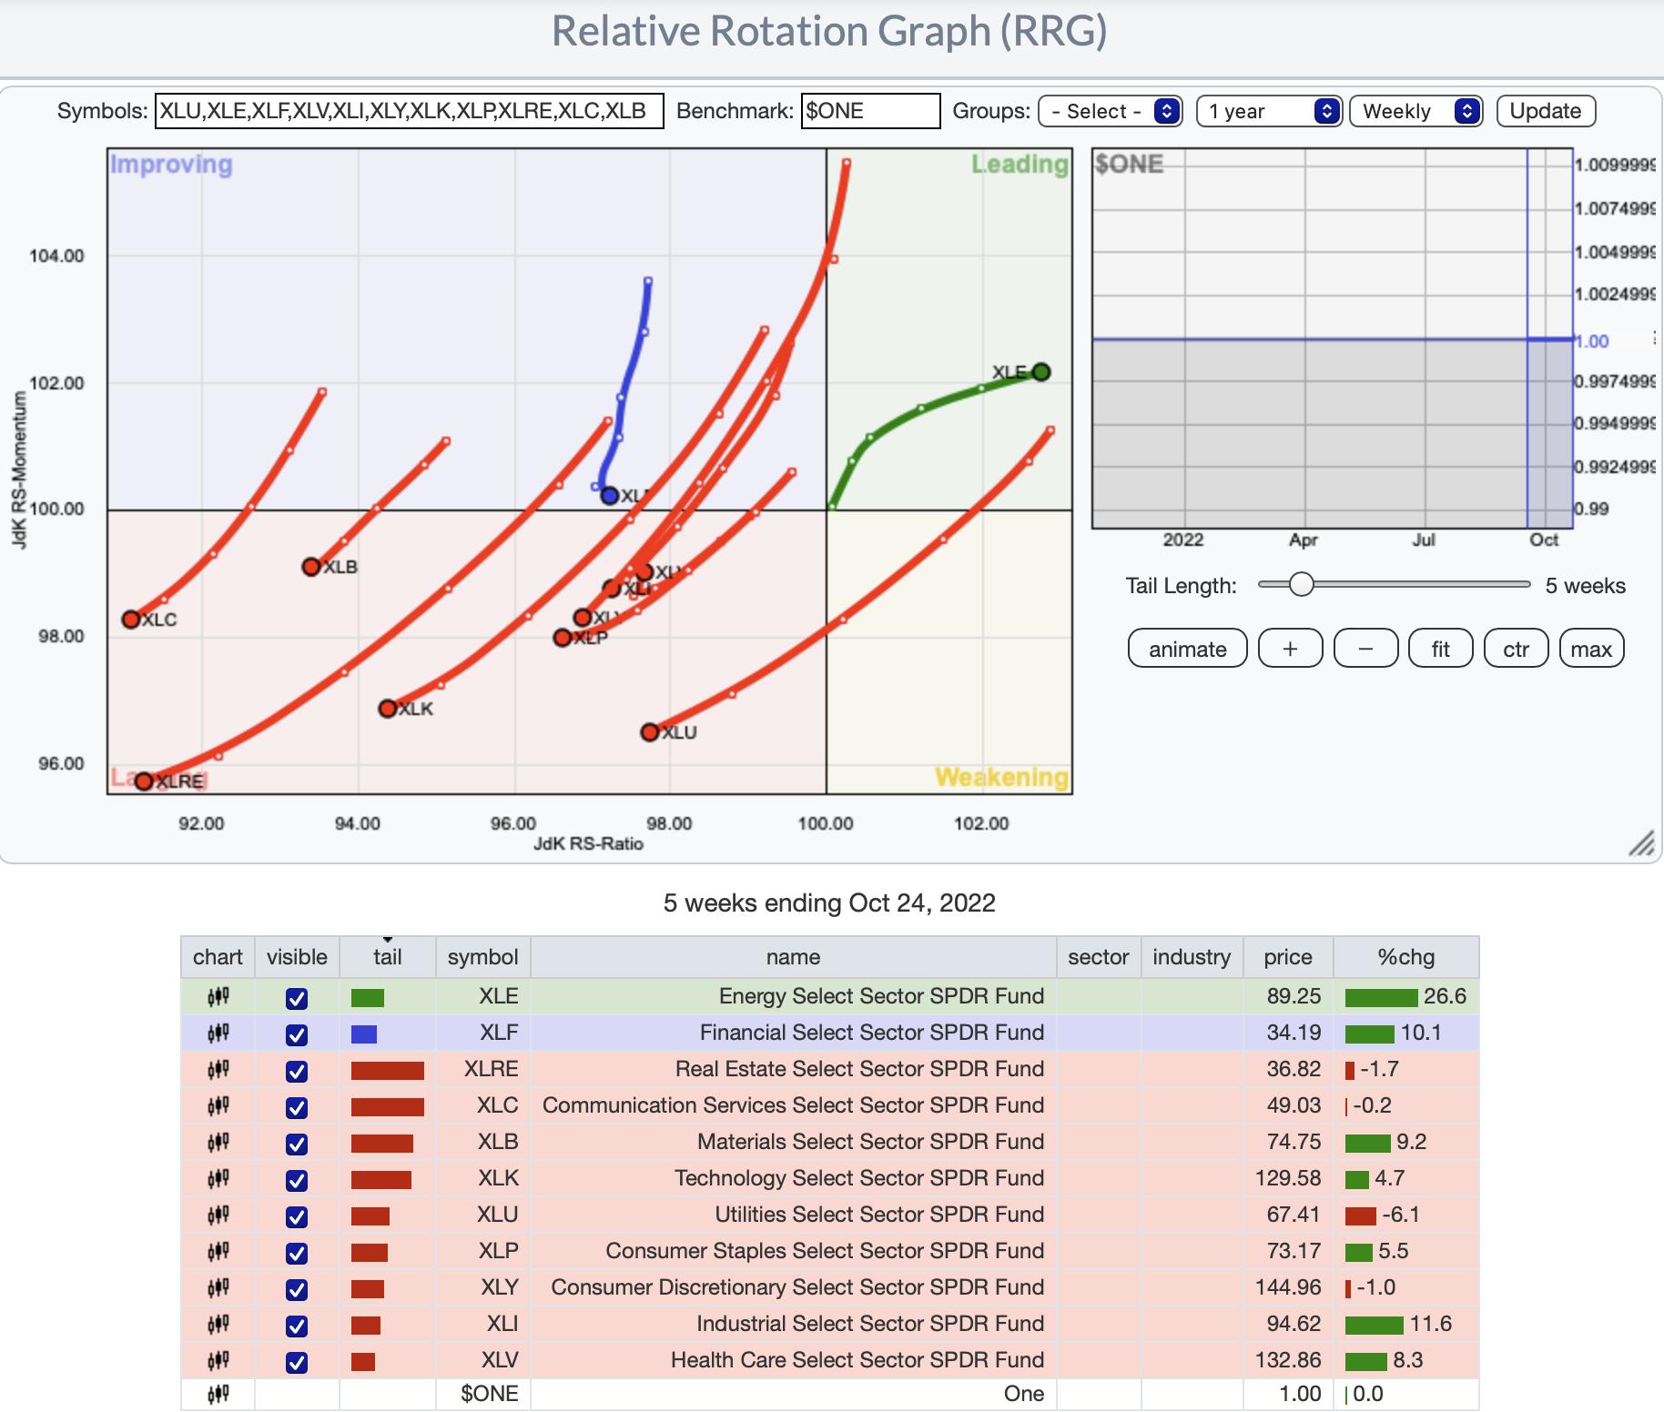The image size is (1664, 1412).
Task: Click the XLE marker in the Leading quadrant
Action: [x=1040, y=371]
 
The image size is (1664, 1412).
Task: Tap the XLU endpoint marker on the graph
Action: [x=649, y=732]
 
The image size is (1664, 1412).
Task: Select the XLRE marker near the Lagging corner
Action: [x=144, y=781]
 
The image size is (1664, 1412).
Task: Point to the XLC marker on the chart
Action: [x=131, y=620]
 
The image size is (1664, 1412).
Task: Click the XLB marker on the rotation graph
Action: [x=311, y=567]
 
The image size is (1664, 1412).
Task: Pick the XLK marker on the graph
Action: [x=388, y=708]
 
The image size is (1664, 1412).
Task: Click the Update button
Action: [x=1545, y=111]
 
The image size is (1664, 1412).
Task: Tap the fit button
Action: [x=1440, y=649]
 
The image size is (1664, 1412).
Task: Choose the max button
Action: [x=1591, y=649]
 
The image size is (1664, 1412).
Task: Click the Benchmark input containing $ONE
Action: [x=869, y=111]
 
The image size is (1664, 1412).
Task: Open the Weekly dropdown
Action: [x=1415, y=111]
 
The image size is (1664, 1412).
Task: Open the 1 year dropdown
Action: [x=1268, y=111]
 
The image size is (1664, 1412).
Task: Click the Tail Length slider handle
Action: [x=1302, y=584]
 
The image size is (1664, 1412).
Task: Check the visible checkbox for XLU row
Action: [x=297, y=1216]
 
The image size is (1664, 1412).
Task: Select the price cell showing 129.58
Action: [x=1287, y=1178]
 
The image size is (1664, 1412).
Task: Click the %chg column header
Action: [x=1405, y=957]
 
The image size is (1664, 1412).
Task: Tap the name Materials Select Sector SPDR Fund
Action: [x=870, y=1142]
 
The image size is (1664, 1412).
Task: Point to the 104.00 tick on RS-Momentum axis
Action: [x=56, y=256]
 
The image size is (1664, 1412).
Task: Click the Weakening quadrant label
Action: [x=1001, y=777]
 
